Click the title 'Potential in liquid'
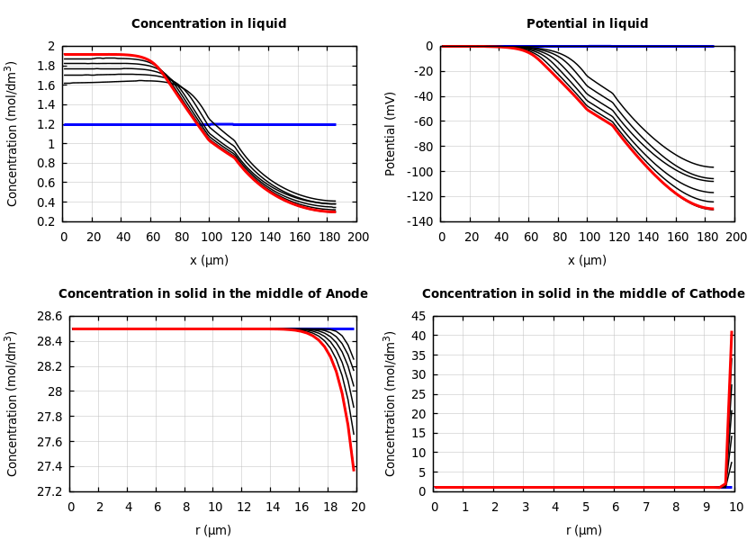pyautogui.click(x=587, y=24)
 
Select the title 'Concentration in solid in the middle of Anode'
pyautogui.click(x=213, y=294)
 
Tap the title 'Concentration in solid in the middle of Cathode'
pyautogui.click(x=583, y=294)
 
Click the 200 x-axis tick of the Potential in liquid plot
pyautogui.click(x=736, y=237)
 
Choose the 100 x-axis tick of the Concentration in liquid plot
pyautogui.click(x=210, y=237)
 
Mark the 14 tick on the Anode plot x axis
pyautogui.click(x=272, y=507)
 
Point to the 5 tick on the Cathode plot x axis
pyautogui.click(x=585, y=507)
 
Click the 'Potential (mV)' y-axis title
pyautogui.click(x=391, y=133)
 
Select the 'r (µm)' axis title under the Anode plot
pyautogui.click(x=213, y=530)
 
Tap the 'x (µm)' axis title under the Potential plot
pyautogui.click(x=587, y=260)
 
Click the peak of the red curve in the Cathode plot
pyautogui.click(x=732, y=332)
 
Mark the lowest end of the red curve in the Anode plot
pyautogui.click(x=354, y=470)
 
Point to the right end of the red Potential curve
pyautogui.click(x=713, y=210)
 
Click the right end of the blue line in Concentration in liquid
pyautogui.click(x=336, y=124)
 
